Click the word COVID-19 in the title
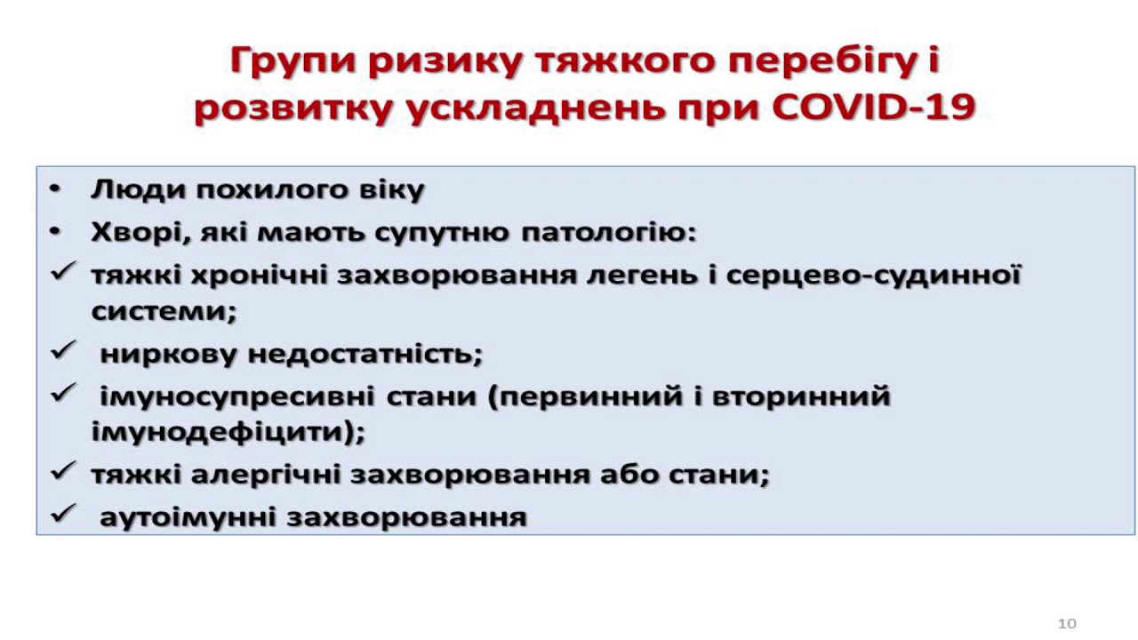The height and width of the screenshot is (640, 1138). (873, 108)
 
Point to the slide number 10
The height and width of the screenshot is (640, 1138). (1067, 623)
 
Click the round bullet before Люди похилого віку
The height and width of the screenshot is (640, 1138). (55, 189)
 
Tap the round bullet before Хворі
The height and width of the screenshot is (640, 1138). (55, 232)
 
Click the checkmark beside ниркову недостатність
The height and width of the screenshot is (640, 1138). (63, 350)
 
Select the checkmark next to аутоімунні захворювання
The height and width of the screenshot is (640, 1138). (63, 513)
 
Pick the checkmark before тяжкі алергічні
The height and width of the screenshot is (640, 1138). (63, 471)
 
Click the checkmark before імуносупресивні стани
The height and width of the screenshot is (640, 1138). (63, 393)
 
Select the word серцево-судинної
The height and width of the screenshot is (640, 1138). (873, 275)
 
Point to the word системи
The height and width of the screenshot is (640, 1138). (164, 311)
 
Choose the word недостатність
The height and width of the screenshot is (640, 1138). (365, 354)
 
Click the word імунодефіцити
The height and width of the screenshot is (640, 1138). (228, 432)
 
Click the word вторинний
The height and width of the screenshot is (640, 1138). (801, 396)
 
